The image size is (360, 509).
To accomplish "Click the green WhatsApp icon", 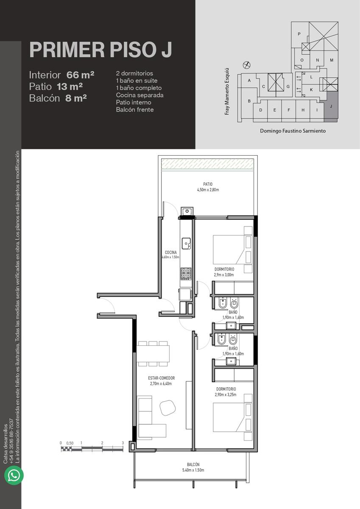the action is coord(14,475).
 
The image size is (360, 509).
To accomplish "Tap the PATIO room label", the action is coord(208,184).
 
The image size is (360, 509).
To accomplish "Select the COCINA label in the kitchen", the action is coord(171,252).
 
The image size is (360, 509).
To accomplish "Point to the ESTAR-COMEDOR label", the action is coord(162,378).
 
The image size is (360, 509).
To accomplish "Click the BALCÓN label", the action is coord(193,464).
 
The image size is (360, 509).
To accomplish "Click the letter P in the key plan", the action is coord(299,34).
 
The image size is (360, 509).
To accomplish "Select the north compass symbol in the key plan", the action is coord(246,65).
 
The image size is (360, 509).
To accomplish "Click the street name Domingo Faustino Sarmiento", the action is coord(293,131).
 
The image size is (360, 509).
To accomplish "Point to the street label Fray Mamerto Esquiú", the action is coord(227,91).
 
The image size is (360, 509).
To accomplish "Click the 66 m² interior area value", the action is coord(80,75).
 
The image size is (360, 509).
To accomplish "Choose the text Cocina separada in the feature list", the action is coord(140,95).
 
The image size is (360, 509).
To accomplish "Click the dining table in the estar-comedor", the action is coord(153,354).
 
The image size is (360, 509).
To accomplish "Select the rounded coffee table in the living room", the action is coord(168,408).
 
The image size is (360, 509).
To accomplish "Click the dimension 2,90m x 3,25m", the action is coord(226,395).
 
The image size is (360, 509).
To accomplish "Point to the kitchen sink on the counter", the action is coord(186,243).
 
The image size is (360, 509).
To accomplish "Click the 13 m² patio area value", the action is coord(70,87).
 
